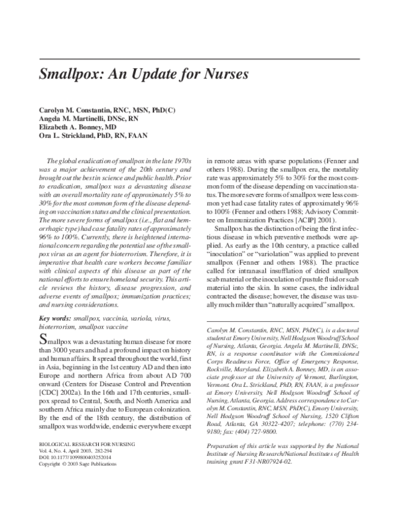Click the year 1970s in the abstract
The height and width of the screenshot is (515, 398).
click(182, 161)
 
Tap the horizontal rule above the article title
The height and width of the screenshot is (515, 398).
click(199, 60)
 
